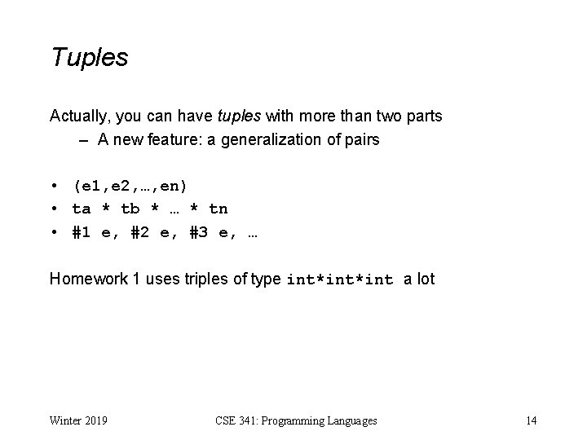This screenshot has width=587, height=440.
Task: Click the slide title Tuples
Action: tap(90, 58)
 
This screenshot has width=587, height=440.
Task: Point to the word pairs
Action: tap(362, 139)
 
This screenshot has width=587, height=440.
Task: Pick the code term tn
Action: tap(218, 209)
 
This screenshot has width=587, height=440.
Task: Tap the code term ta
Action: tap(82, 209)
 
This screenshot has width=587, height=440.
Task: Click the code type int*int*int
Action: tap(340, 280)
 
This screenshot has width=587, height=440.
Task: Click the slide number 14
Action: tap(531, 420)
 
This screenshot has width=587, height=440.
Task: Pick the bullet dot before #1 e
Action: tap(53, 232)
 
